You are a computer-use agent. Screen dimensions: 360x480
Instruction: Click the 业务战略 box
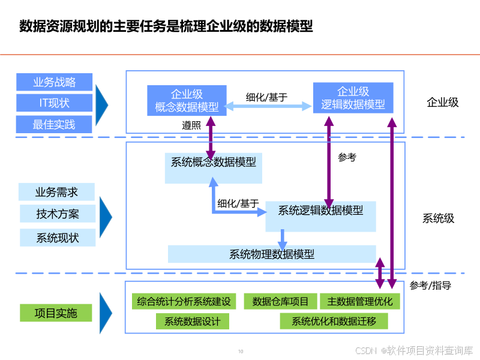(55, 82)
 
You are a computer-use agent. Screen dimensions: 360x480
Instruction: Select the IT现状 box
(55, 103)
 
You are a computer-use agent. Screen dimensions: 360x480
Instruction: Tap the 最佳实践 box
(55, 124)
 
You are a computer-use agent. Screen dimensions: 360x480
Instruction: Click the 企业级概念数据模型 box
(187, 100)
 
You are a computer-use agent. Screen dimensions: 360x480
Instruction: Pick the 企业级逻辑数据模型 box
(353, 98)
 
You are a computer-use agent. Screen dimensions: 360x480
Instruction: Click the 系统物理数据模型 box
(272, 254)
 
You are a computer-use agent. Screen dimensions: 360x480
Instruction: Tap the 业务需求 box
(57, 192)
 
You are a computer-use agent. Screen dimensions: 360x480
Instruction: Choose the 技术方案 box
(57, 214)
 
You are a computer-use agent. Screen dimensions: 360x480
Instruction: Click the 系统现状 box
(57, 237)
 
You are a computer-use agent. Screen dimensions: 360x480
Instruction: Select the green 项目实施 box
(56, 313)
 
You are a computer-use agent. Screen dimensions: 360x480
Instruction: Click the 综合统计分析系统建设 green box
(184, 301)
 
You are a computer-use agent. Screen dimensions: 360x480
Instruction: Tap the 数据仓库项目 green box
(280, 301)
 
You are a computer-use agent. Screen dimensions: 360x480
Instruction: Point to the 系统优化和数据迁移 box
(334, 321)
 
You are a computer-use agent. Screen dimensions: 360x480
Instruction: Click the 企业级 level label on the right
(442, 102)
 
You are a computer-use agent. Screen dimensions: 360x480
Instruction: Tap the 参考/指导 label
(430, 286)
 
